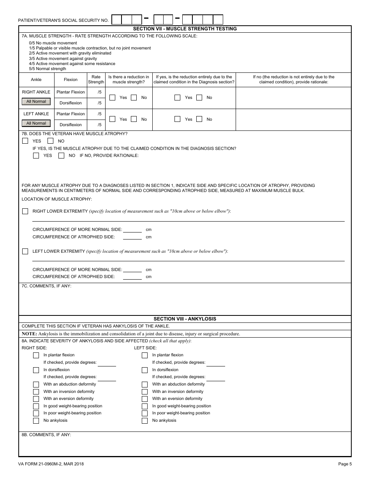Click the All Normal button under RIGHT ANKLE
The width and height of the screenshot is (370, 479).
click(x=36, y=102)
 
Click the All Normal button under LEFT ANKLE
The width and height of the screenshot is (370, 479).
click(x=36, y=123)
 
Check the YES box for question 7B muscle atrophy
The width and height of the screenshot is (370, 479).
click(x=25, y=141)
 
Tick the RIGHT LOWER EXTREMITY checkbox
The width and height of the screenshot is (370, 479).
click(x=25, y=211)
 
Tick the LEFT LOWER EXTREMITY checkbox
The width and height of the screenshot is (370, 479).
click(x=25, y=251)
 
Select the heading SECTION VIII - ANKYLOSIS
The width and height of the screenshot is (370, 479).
click(x=185, y=319)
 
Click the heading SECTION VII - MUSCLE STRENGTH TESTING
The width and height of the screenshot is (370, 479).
click(x=185, y=29)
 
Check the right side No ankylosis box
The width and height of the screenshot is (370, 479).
click(x=36, y=421)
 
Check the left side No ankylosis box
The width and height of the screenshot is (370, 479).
click(x=145, y=421)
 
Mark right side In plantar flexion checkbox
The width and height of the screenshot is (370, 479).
click(x=36, y=355)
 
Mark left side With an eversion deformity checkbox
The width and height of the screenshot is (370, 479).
click(x=145, y=399)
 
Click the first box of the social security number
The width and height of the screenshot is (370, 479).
click(x=116, y=19)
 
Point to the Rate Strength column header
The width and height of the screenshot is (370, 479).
click(x=96, y=79)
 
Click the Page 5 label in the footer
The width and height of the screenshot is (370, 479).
click(x=345, y=464)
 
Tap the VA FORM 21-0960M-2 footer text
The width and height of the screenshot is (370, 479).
click(x=51, y=464)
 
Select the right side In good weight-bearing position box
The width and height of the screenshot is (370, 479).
click(x=36, y=406)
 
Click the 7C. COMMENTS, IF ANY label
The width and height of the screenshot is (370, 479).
click(x=46, y=286)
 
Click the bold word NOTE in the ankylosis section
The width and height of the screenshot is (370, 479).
click(x=29, y=334)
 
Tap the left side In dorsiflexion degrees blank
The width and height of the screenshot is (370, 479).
click(x=216, y=377)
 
